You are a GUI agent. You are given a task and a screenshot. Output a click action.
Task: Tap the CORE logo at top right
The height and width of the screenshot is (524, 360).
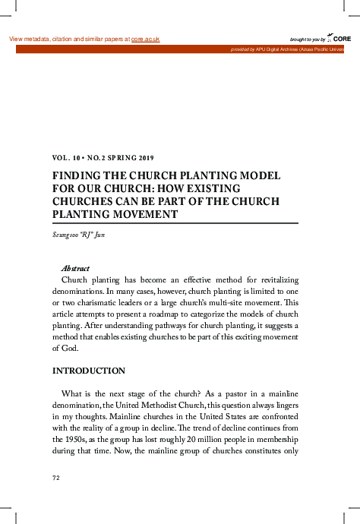[341, 38]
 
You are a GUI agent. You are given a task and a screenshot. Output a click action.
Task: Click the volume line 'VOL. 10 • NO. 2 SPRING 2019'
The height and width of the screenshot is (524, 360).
[103, 158]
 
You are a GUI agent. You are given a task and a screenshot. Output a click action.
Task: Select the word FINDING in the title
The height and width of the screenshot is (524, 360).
[76, 174]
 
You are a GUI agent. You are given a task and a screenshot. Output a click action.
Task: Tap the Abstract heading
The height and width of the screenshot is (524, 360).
[75, 269]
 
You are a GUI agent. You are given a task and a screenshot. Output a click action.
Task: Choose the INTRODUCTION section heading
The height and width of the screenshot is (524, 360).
[88, 371]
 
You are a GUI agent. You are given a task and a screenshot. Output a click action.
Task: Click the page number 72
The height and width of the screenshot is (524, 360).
[55, 478]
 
